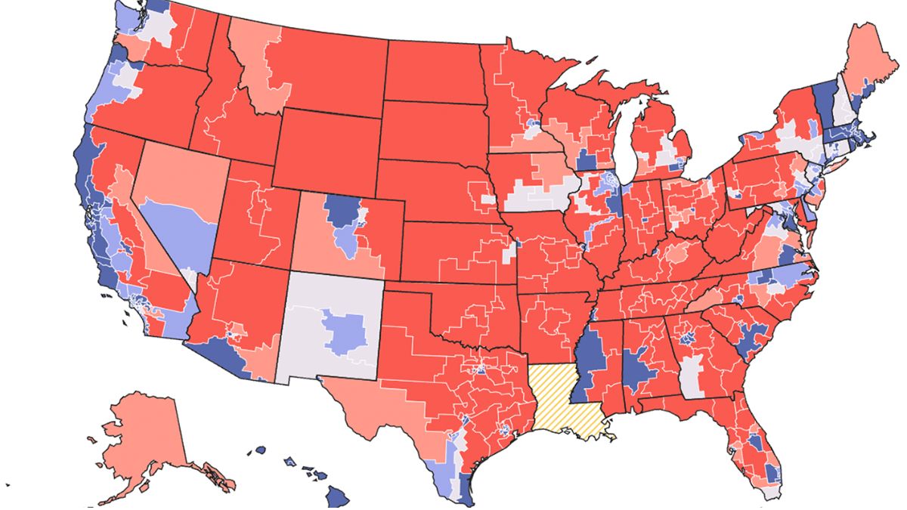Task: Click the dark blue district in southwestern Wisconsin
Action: (586, 160)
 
